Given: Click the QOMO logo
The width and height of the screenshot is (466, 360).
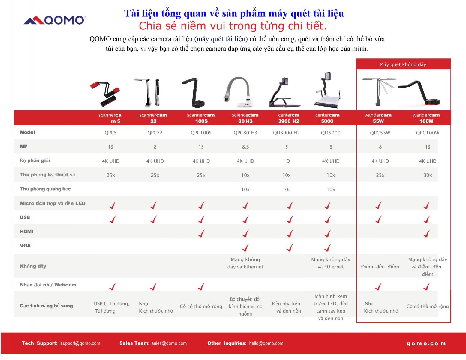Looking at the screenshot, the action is click(55, 20).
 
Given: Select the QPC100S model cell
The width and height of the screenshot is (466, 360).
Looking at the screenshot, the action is click(201, 133).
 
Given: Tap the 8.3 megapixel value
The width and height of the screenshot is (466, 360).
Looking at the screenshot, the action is click(245, 147).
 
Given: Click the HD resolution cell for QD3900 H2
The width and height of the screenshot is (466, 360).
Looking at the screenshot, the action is click(286, 161).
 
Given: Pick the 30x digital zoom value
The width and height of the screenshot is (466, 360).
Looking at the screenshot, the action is click(427, 175).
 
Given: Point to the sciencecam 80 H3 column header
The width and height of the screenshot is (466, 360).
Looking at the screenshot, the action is click(245, 118).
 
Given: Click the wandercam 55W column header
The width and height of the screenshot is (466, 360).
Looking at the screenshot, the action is click(378, 118).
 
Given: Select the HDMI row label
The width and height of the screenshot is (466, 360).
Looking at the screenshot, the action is click(26, 232).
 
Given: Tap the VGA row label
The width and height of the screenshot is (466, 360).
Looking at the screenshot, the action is click(25, 246).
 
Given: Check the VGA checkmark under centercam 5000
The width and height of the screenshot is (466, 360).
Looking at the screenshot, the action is click(327, 247).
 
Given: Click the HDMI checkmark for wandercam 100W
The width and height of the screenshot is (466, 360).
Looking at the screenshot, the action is click(426, 233).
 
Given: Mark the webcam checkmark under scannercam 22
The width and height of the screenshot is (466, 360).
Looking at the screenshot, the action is click(153, 286).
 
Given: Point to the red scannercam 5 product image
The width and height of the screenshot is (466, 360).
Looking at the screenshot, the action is click(105, 94).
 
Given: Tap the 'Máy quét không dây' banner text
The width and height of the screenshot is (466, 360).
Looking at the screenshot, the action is click(403, 64).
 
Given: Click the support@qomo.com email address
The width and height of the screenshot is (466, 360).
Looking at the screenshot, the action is click(80, 343).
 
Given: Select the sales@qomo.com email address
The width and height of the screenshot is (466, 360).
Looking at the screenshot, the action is click(169, 343).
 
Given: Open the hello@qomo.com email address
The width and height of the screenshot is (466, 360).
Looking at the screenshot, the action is click(266, 343).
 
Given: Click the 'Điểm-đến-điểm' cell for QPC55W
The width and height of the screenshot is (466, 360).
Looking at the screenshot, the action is click(380, 267).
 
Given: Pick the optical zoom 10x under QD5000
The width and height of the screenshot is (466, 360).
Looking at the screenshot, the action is click(331, 190).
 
